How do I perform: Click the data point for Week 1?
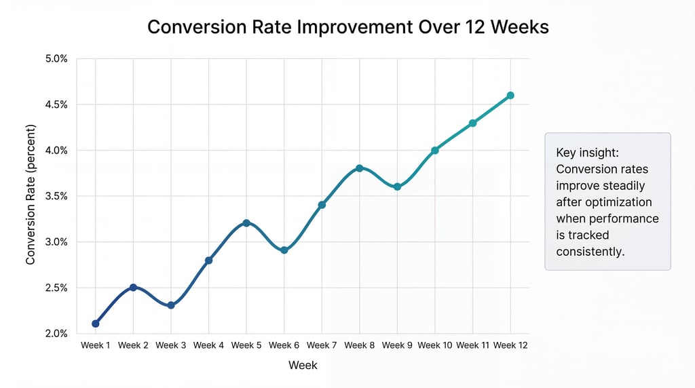pos(96,324)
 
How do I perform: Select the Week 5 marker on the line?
pos(246,222)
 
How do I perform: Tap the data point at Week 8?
pos(359,168)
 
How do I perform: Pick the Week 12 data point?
pos(510,96)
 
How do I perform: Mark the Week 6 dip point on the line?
pos(284,250)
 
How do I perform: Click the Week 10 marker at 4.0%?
pos(435,150)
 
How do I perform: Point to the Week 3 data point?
pos(171,305)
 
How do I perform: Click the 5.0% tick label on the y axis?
pos(56,59)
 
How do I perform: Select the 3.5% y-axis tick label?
pos(56,196)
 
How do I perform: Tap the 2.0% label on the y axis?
pos(56,333)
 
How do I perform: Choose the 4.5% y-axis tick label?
pos(56,104)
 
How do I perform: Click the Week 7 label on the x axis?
pos(322,345)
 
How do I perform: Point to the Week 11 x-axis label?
pos(472,345)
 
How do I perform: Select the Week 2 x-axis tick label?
pos(133,345)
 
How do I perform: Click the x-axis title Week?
pos(303,365)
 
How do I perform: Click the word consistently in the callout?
pos(590,252)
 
